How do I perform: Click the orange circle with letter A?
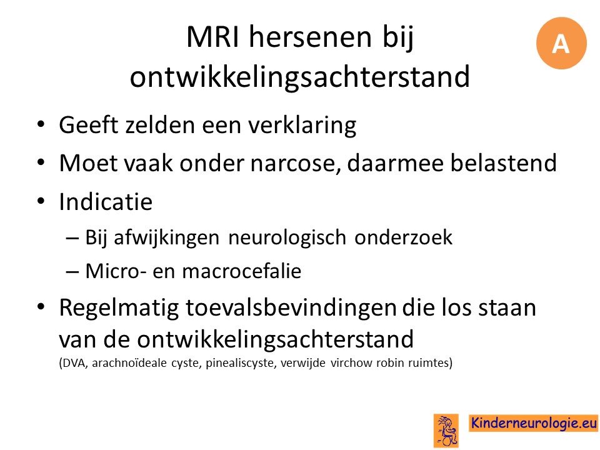[x=561, y=43]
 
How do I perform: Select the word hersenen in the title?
[x=311, y=37]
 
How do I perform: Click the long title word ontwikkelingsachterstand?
[x=299, y=76]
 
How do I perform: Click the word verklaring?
[x=301, y=126]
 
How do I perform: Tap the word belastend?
[x=502, y=162]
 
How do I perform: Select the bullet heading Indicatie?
[x=106, y=201]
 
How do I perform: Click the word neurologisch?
[x=287, y=237]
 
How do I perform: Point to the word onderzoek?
[x=403, y=237]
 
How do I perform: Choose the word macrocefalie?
[x=241, y=271]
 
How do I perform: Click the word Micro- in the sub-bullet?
[x=116, y=271]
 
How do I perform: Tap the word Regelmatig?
[x=119, y=308]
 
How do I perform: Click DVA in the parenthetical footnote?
[x=74, y=362]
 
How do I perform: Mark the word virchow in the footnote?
[x=352, y=362]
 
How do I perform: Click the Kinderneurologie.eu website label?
[x=533, y=423]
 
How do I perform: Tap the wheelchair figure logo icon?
[x=446, y=431]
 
